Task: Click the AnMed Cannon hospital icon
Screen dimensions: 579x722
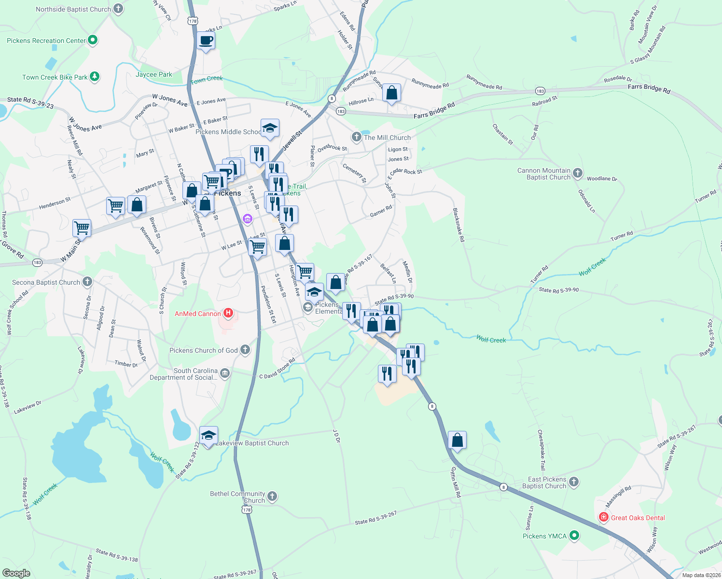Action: [228, 314]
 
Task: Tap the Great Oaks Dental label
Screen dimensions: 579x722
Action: [638, 518]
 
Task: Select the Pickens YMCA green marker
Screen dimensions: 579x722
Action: [574, 536]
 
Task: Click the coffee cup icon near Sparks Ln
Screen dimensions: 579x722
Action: [206, 41]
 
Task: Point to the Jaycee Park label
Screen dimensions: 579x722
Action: [154, 74]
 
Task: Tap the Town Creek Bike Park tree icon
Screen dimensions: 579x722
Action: [95, 77]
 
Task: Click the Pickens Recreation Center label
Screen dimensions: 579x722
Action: [46, 41]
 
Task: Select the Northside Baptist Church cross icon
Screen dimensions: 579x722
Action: [118, 9]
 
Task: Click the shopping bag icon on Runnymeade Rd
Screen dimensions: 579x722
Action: [392, 93]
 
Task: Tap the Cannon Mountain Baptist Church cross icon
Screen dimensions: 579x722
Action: [577, 174]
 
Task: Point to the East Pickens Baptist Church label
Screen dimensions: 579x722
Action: [544, 482]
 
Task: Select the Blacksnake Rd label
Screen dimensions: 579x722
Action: [458, 225]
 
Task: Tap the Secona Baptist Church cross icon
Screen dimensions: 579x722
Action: [87, 282]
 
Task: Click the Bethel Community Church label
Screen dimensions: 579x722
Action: [237, 497]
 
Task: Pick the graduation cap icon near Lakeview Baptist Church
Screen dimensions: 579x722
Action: [208, 436]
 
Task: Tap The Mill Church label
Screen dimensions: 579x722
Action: [387, 138]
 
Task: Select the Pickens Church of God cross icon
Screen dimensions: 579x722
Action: [245, 350]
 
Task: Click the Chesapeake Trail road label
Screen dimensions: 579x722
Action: [541, 450]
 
